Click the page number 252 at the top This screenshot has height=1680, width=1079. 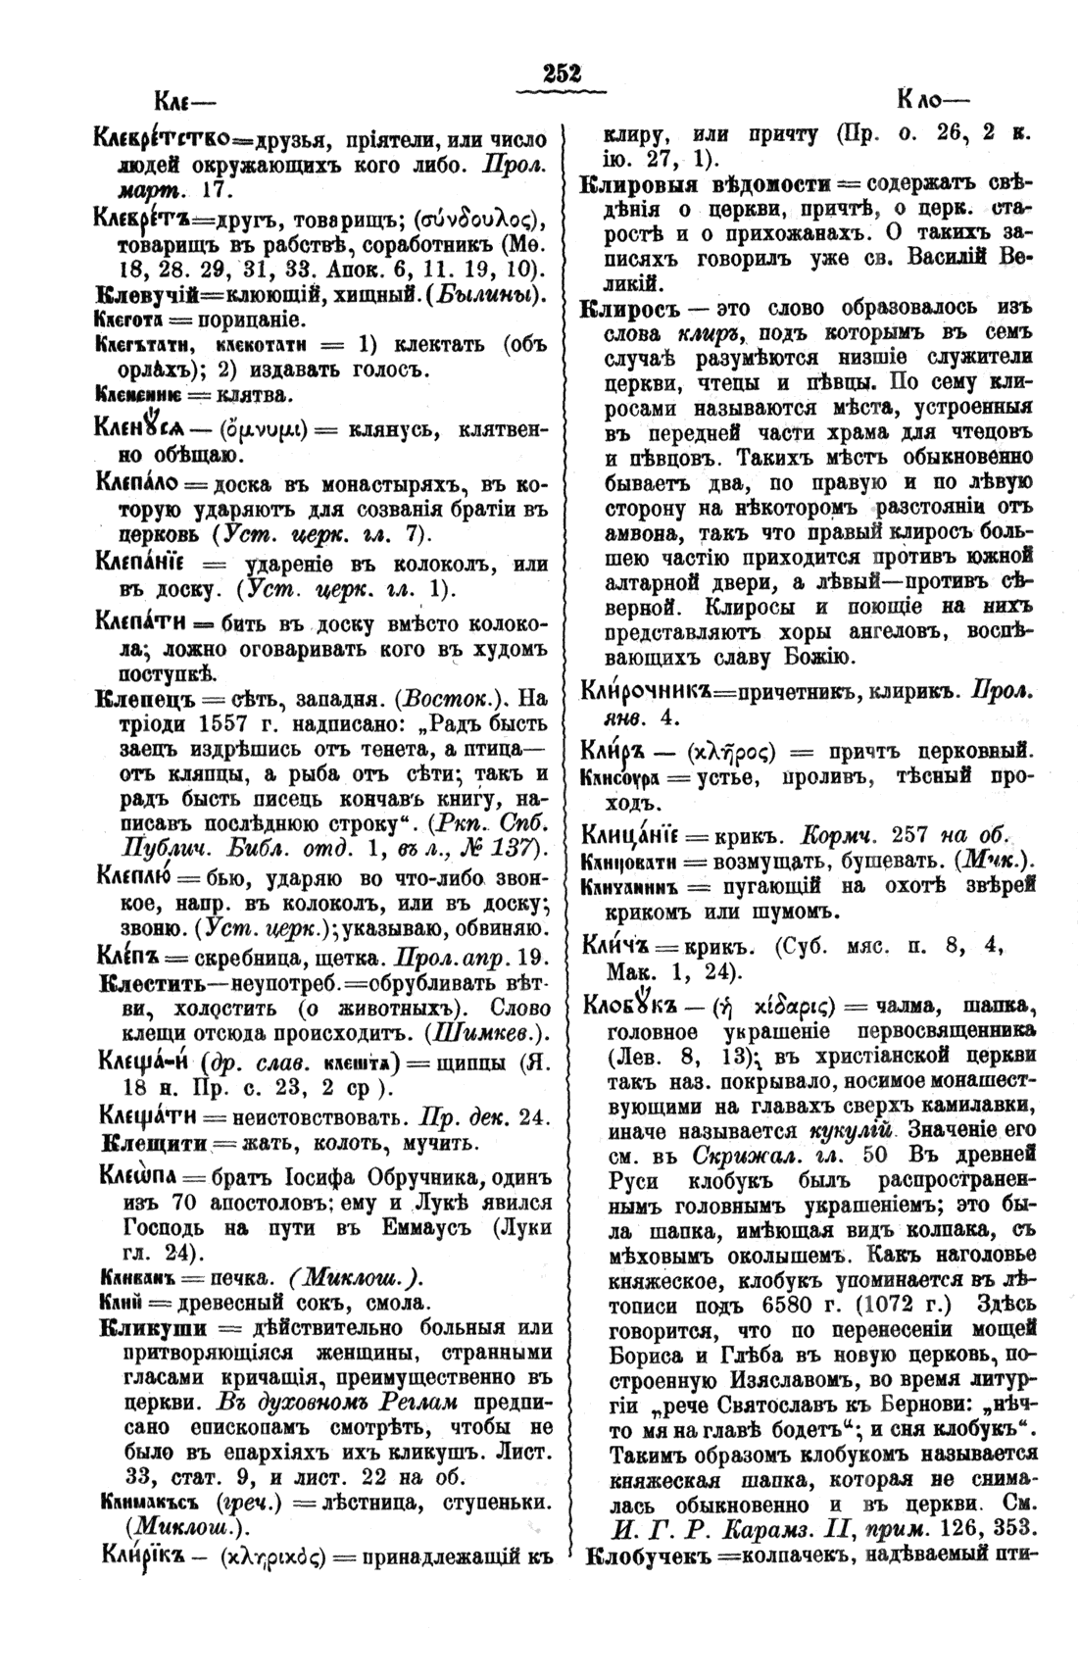click(563, 74)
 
